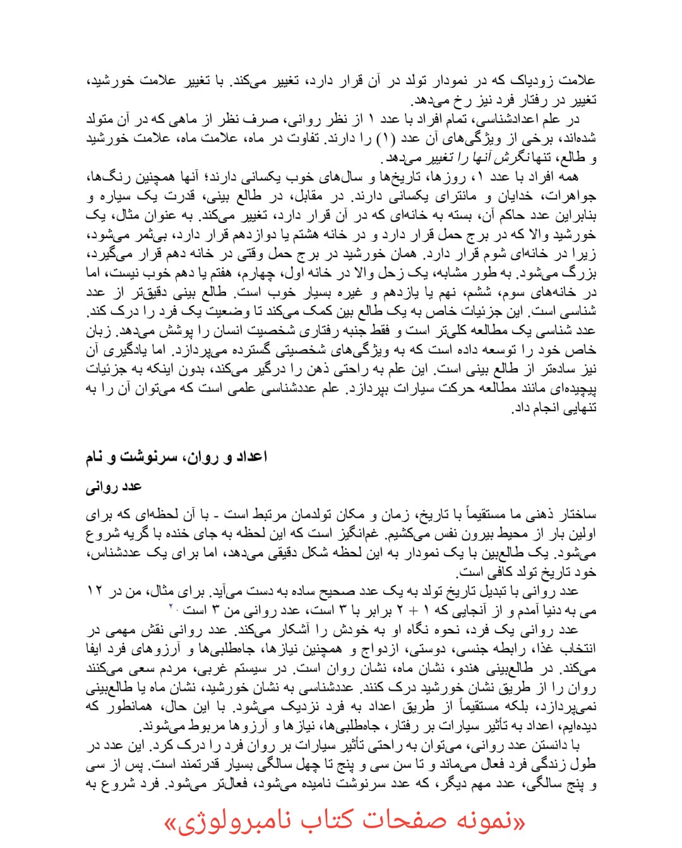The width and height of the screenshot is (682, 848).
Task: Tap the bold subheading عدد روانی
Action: pos(114,486)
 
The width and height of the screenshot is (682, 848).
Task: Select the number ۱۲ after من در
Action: pos(95,591)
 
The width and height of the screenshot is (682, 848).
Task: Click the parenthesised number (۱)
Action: pos(386,138)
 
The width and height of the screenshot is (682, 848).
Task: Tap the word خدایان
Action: pos(515,196)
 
